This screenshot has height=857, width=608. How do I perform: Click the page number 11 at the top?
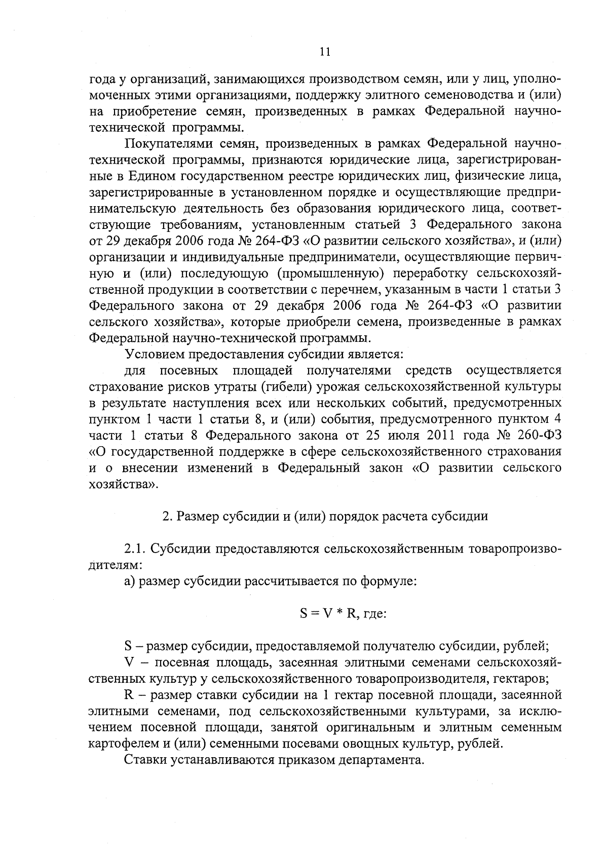[325, 52]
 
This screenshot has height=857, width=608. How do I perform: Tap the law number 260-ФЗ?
[540, 435]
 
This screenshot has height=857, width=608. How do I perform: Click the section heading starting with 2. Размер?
[325, 516]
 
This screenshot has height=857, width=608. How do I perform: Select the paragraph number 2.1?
[135, 549]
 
